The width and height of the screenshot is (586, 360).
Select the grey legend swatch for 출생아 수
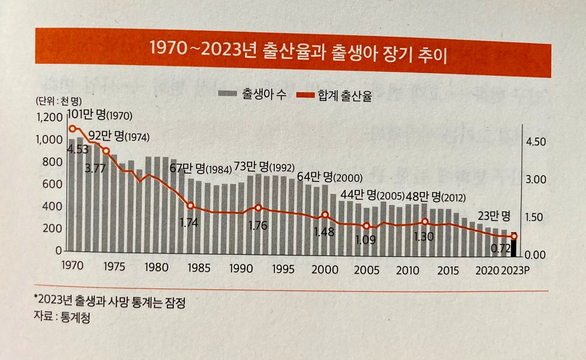coord(227,94)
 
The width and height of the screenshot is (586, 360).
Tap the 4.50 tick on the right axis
coord(536,142)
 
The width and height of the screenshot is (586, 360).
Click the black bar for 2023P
coord(514,247)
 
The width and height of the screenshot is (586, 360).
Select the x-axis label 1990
coord(241,268)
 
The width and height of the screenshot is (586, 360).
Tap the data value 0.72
coord(500,248)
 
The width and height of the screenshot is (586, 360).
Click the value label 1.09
coord(365,240)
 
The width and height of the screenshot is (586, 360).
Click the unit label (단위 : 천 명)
coord(58,101)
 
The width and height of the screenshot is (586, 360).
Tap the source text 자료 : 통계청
coord(62,317)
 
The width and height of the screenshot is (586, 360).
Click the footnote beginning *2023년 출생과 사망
coord(110,301)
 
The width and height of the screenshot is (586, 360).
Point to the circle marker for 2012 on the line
coord(425,222)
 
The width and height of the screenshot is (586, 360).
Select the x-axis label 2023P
coord(515,271)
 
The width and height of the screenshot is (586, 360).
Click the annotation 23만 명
coord(494,216)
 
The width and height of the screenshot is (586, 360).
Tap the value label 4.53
coord(77,149)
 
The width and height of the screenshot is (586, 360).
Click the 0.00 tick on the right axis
coord(535,255)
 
